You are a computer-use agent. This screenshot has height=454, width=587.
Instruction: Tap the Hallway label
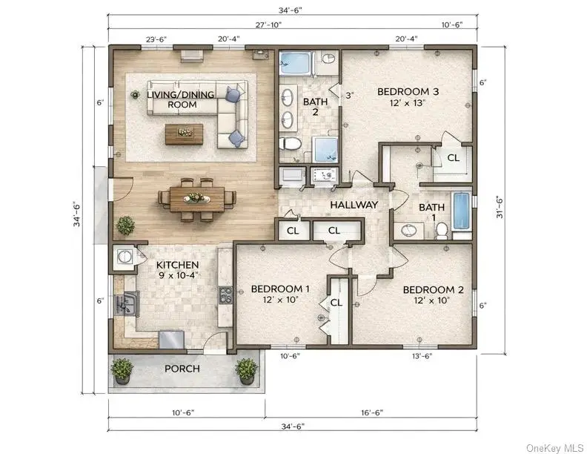click(354, 205)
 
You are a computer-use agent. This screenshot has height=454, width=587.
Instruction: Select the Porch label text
click(182, 369)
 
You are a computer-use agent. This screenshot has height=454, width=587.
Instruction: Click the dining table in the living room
click(197, 199)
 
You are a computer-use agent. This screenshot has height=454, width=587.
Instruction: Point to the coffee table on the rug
click(185, 134)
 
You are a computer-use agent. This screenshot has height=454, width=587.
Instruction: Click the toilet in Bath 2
click(290, 144)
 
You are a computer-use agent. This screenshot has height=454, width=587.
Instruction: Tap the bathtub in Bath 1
click(461, 211)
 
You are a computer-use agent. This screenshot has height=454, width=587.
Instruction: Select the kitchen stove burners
click(225, 295)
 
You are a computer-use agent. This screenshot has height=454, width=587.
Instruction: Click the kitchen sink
click(126, 302)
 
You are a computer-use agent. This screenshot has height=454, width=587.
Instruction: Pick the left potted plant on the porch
click(122, 370)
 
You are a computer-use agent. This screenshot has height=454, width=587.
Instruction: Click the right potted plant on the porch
click(246, 370)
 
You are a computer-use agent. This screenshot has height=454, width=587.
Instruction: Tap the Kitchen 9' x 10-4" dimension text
click(178, 275)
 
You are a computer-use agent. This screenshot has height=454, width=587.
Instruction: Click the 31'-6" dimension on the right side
click(500, 207)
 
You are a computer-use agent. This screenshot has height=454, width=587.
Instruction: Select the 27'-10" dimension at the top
click(268, 24)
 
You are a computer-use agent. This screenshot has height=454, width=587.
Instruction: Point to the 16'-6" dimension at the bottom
click(372, 412)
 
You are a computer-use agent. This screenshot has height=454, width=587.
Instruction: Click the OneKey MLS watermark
click(555, 447)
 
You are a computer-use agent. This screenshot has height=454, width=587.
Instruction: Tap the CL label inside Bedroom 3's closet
click(454, 158)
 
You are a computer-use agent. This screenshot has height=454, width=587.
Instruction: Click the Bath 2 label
click(315, 107)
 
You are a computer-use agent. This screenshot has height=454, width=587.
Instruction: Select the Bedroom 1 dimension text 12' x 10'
click(280, 300)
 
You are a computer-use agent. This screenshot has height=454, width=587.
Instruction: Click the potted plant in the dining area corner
click(126, 226)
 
